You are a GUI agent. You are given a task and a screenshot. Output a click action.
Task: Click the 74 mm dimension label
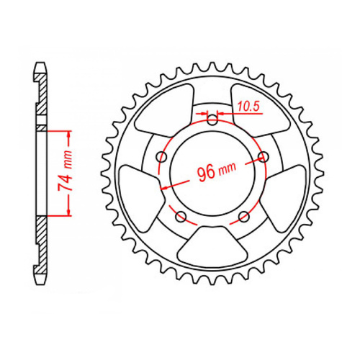click(x=64, y=173)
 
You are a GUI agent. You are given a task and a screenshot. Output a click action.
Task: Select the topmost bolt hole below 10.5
click(x=212, y=120)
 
